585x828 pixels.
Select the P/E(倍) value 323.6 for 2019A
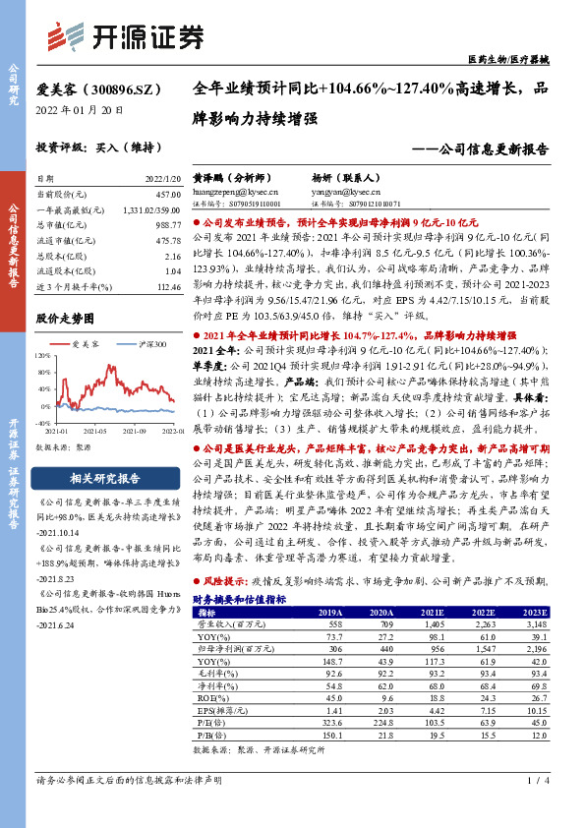(333, 722)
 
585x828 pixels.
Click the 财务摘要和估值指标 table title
(239, 598)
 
